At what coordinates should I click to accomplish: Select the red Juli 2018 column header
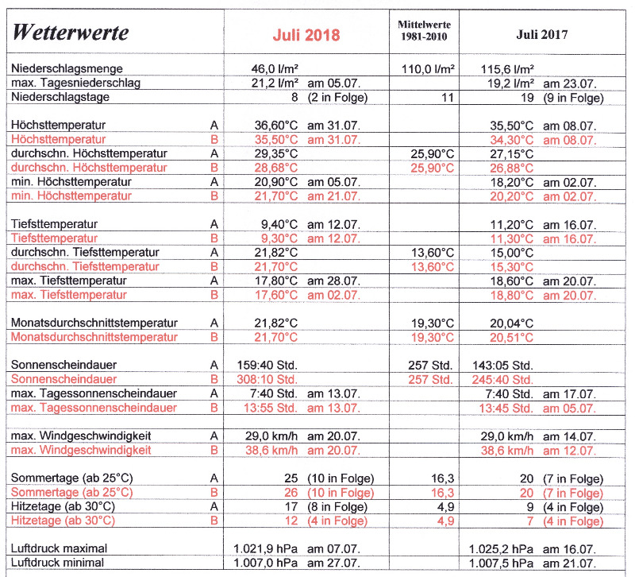[306, 35]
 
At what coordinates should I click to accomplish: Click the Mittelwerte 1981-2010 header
[424, 29]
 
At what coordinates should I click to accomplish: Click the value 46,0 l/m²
[274, 69]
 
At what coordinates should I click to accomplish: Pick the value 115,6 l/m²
[507, 69]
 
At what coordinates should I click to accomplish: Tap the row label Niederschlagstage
[61, 98]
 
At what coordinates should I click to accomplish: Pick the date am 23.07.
[570, 83]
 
